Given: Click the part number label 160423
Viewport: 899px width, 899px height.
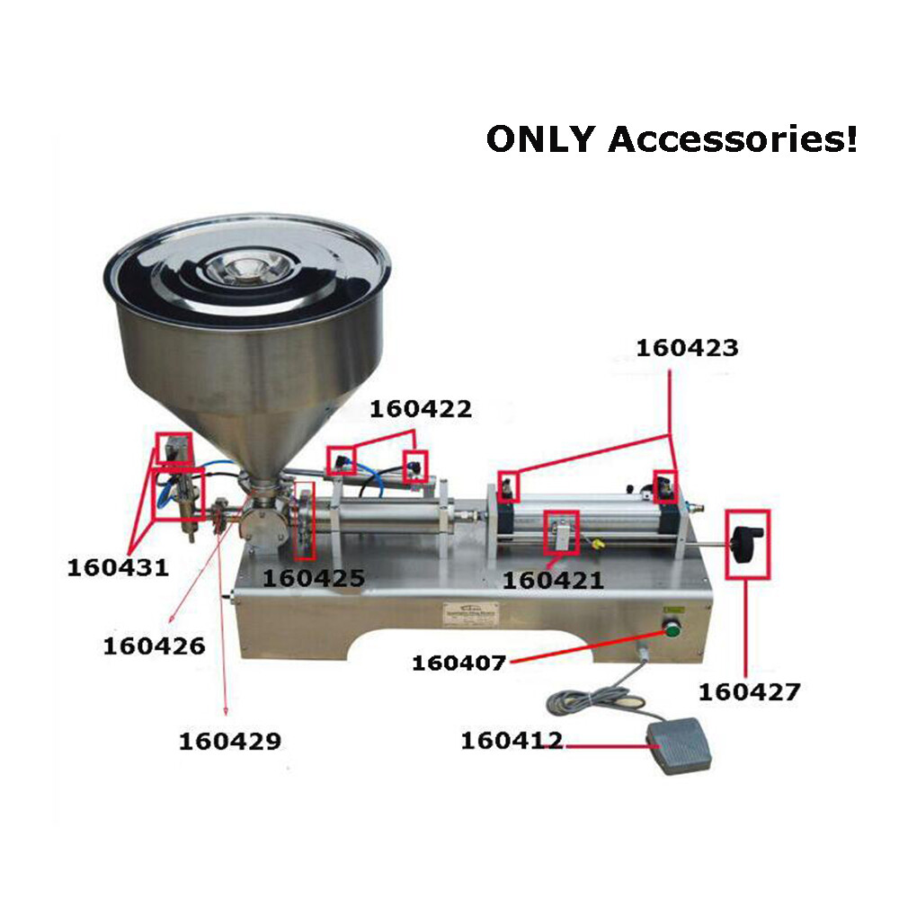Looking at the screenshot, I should (687, 348).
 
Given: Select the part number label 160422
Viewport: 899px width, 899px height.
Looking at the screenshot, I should (421, 409).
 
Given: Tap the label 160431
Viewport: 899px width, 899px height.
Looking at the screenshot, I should (118, 567).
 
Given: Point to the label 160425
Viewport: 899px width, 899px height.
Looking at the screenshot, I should (314, 577).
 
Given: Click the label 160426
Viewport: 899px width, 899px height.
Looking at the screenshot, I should (154, 645).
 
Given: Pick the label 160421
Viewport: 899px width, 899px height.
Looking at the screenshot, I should (552, 581).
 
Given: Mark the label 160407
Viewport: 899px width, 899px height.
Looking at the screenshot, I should (459, 663).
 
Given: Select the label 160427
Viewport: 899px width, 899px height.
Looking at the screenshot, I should (749, 692).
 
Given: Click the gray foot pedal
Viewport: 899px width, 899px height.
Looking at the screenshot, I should (684, 752).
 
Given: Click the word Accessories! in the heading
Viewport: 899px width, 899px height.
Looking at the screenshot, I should (733, 139).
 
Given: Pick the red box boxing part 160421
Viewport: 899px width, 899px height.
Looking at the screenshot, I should (561, 532).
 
